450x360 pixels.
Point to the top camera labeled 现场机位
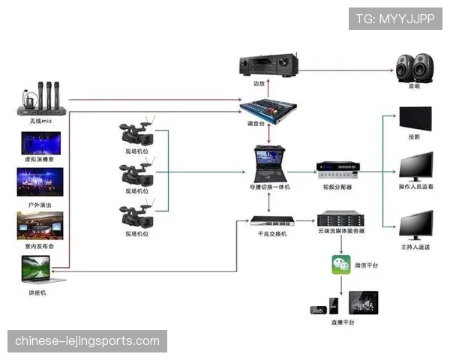click(138, 135)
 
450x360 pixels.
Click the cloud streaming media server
click(340, 220)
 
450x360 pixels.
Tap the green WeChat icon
click(341, 264)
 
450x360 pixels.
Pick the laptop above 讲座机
click(37, 271)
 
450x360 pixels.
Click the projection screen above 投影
click(415, 119)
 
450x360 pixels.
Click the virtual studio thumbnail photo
click(41, 143)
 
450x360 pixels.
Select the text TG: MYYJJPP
click(395, 18)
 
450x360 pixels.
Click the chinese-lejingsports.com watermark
click(87, 341)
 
